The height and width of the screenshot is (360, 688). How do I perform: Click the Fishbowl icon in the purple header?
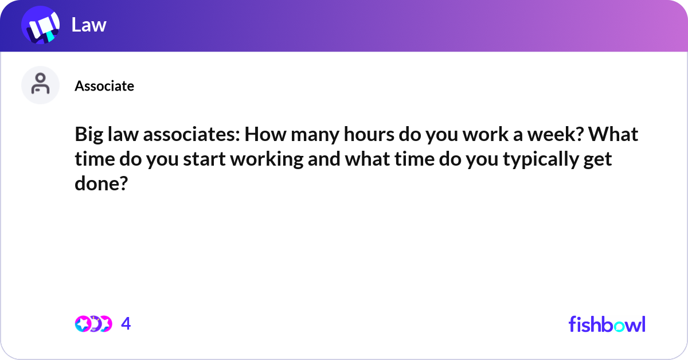click(41, 26)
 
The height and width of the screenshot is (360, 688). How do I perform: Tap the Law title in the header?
click(89, 25)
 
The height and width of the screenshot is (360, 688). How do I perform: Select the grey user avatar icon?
click(41, 85)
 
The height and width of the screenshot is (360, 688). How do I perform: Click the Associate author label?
click(104, 86)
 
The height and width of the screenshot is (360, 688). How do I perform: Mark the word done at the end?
click(100, 182)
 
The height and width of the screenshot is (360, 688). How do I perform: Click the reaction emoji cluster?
click(93, 324)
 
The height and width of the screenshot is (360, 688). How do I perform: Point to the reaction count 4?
click(126, 324)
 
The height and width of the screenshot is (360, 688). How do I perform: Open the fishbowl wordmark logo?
click(607, 324)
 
